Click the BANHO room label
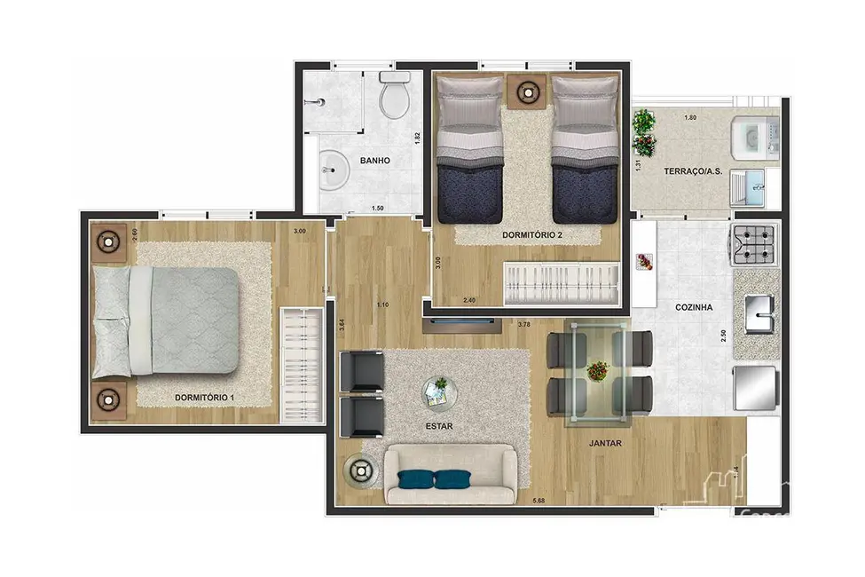tap(375, 161)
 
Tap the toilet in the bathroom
tap(393, 96)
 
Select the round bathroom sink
tap(334, 169)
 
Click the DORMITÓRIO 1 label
tap(204, 397)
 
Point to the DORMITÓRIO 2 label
tap(532, 235)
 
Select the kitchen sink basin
tap(759, 312)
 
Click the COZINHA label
tap(693, 307)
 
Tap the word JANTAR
tap(603, 441)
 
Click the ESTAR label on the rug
tap(439, 426)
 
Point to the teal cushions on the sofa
tap(435, 480)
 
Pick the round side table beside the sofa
tap(361, 470)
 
